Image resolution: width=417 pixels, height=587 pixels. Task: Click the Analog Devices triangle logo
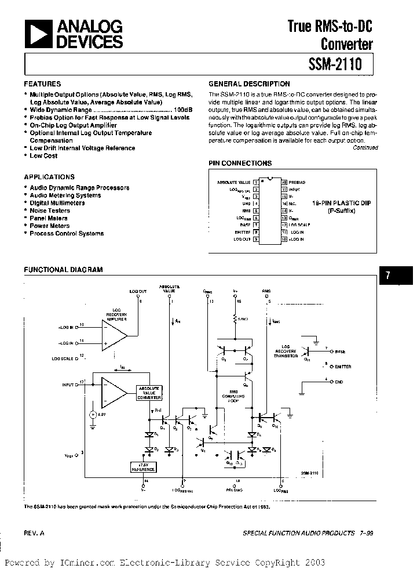point(36,33)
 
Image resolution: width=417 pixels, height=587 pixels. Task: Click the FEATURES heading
point(42,84)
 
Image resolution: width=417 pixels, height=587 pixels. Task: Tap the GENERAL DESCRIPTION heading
point(249,84)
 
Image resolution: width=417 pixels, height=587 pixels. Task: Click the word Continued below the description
point(365,148)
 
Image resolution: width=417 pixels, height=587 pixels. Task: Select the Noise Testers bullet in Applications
point(50,211)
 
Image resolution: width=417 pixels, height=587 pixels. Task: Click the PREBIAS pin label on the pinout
point(297,182)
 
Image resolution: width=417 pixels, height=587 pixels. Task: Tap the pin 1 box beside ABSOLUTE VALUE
point(255,182)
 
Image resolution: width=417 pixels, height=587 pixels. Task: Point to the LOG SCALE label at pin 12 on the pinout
point(300,224)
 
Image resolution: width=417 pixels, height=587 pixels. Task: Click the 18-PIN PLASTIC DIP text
point(341,203)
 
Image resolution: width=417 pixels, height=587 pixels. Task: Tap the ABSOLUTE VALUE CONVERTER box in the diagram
point(149,393)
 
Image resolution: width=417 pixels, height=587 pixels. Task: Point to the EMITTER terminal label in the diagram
point(343,367)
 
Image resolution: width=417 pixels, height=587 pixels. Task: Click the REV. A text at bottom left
point(34,532)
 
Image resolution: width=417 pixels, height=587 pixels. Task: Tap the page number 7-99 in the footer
point(367,532)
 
